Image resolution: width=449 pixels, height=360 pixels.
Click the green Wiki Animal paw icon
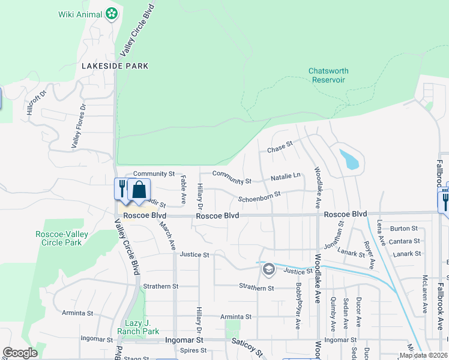(x=111, y=13)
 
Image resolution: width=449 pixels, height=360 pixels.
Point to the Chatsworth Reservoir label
(x=328, y=75)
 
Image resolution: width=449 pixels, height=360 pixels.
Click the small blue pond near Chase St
(x=350, y=159)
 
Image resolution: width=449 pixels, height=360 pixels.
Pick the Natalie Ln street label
(x=285, y=176)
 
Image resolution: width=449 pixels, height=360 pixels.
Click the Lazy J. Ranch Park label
(x=142, y=327)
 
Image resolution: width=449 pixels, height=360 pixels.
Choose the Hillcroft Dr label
(x=36, y=104)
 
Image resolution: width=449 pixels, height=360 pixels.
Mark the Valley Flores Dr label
(x=79, y=125)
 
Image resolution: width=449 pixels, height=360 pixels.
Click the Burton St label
(x=403, y=229)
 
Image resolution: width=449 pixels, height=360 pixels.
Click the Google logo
(x=20, y=353)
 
